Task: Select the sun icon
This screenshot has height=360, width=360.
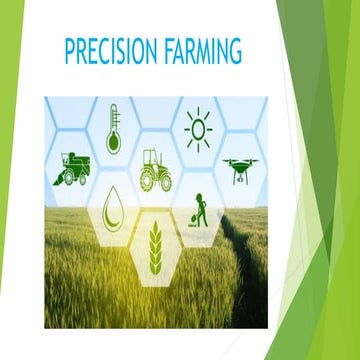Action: (196, 129)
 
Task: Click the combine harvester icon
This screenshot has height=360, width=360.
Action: (73, 169)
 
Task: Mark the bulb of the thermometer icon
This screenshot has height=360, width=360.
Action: (113, 143)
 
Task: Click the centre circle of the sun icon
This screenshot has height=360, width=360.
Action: (196, 130)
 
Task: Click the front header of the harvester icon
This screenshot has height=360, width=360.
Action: (58, 178)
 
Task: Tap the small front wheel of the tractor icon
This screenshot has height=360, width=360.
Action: (145, 184)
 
